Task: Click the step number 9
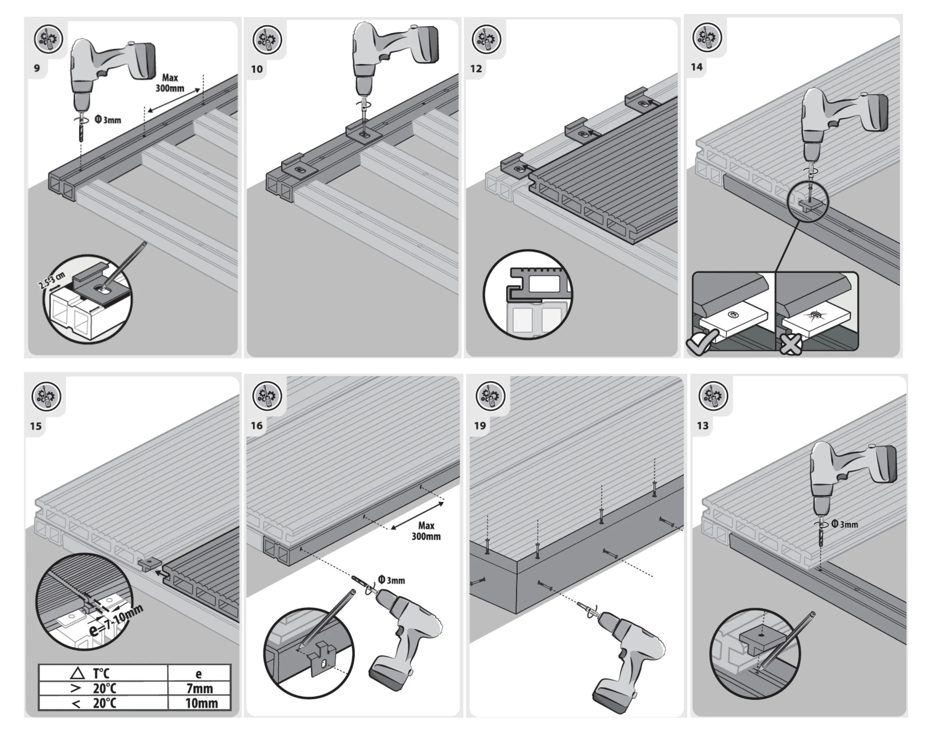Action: coord(37,68)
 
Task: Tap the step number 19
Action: coord(480,425)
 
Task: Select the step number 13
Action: coord(703,425)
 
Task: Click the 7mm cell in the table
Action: coord(199,688)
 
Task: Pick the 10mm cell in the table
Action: coord(201,703)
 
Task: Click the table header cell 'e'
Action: coord(198,674)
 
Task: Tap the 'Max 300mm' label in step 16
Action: coord(426,531)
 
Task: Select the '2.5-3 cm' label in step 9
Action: coord(51,280)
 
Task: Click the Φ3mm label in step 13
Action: coord(844,524)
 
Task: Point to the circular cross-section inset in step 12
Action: coord(528,295)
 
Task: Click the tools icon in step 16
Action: coord(267,396)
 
